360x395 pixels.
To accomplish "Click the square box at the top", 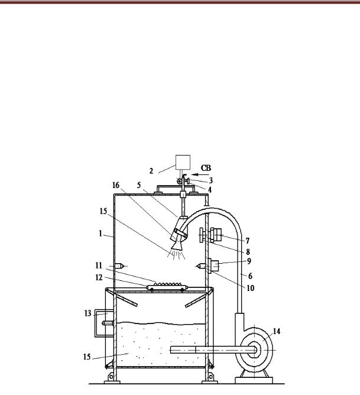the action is (183, 162).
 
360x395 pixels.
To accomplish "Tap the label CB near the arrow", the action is (206, 168).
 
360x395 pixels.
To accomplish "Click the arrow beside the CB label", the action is (200, 174).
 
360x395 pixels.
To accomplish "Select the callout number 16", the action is (116, 185).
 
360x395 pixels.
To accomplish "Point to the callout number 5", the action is (139, 185).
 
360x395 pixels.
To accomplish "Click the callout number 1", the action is (100, 234).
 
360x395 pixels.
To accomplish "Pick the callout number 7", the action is (248, 241).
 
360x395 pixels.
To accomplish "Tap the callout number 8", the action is (248, 252).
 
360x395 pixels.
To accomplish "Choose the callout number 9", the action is (249, 261).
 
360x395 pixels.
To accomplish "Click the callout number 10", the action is (250, 288).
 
